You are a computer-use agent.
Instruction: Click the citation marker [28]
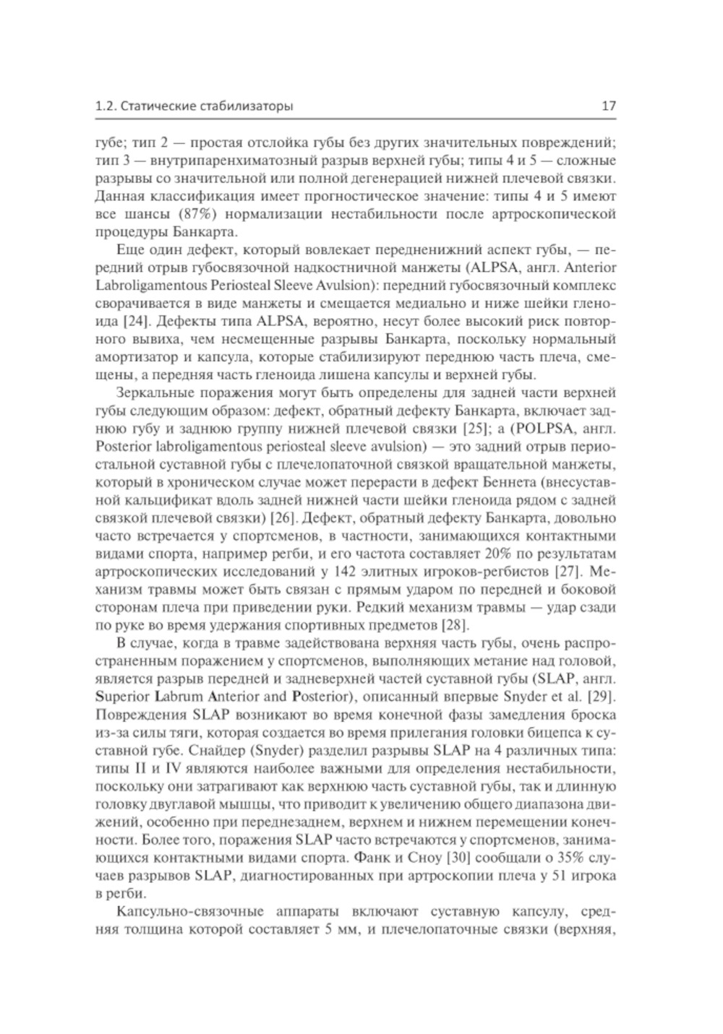455,624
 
